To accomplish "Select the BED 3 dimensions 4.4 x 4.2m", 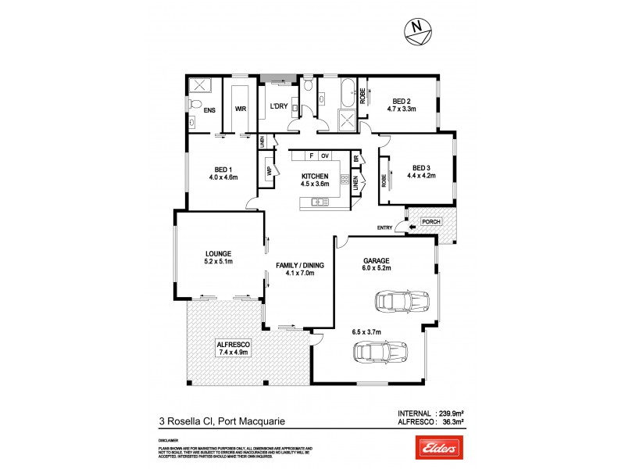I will [x=420, y=176].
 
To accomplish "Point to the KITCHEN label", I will [x=316, y=176].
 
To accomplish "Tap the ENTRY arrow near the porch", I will [x=400, y=227].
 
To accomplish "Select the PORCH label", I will [x=430, y=221].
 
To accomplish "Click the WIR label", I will [x=241, y=110].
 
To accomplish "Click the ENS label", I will [x=209, y=110].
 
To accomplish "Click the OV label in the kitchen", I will [x=325, y=155].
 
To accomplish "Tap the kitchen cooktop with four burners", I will [x=344, y=180].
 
